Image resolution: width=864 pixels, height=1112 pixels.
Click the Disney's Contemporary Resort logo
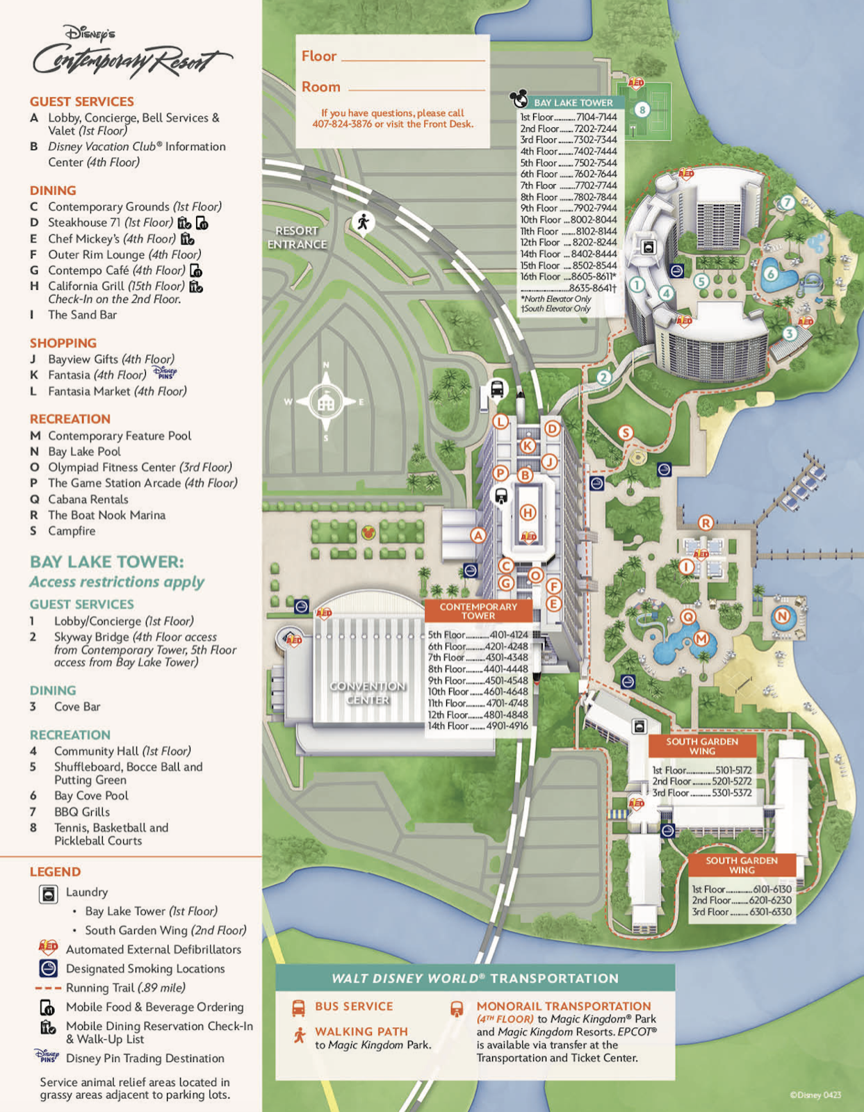point(132,53)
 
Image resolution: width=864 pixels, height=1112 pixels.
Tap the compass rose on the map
point(325,402)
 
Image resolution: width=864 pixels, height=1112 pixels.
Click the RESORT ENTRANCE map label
point(297,237)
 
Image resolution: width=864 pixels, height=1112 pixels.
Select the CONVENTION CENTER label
point(368,692)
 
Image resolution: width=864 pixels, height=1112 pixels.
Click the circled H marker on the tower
point(528,513)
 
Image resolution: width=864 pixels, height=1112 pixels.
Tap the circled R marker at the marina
point(706,523)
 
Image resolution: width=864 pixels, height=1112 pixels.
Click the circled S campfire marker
point(626,433)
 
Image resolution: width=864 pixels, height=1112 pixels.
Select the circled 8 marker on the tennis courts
point(642,109)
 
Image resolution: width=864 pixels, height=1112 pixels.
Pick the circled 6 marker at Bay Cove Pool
point(771,274)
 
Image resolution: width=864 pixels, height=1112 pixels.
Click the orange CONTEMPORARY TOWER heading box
point(478,611)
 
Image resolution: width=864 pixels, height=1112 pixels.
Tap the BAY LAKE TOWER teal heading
point(573,102)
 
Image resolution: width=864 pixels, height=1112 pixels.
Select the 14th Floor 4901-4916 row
point(478,726)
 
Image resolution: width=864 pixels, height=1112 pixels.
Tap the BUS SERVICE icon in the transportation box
point(298,1007)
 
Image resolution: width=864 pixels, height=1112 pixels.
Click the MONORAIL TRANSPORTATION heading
point(563,1006)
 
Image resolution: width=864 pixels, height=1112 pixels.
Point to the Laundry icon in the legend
point(49,894)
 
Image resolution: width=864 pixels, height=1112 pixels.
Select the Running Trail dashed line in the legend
point(48,988)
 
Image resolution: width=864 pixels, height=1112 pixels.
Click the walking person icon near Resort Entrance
point(362,222)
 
